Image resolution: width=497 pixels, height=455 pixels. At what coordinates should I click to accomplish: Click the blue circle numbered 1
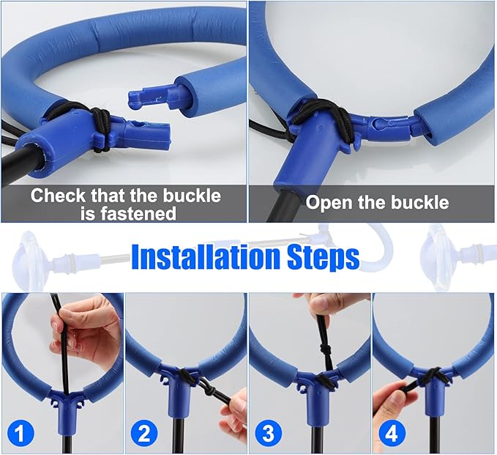pyautogui.click(x=20, y=433)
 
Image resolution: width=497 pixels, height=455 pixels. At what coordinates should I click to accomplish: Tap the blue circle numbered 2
pyautogui.click(x=144, y=433)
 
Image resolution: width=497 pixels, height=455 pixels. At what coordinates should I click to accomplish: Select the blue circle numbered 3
pyautogui.click(x=268, y=433)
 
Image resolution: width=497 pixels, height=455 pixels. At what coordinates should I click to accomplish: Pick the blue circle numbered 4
pyautogui.click(x=392, y=433)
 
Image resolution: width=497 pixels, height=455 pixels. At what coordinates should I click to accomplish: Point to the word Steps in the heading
pyautogui.click(x=324, y=259)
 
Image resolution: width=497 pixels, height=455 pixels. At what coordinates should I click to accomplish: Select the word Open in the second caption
pyautogui.click(x=329, y=203)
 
